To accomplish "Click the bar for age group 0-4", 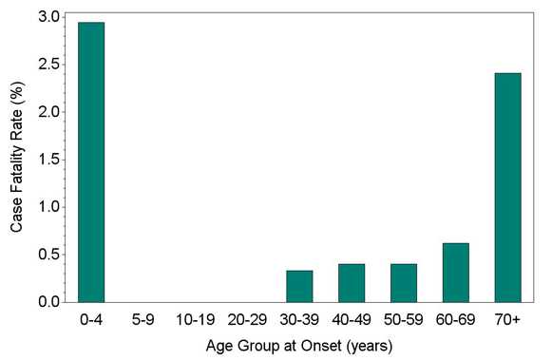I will click(91, 162).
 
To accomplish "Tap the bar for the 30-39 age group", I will click(299, 286).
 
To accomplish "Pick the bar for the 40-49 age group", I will click(352, 283).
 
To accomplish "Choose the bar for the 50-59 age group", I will click(404, 283).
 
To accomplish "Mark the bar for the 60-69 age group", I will click(456, 273).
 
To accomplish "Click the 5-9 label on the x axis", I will click(143, 319).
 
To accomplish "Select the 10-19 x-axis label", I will click(196, 319).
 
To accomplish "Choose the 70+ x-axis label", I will click(508, 319).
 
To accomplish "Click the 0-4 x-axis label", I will click(91, 319).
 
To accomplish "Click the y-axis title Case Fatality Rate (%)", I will click(17, 158).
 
